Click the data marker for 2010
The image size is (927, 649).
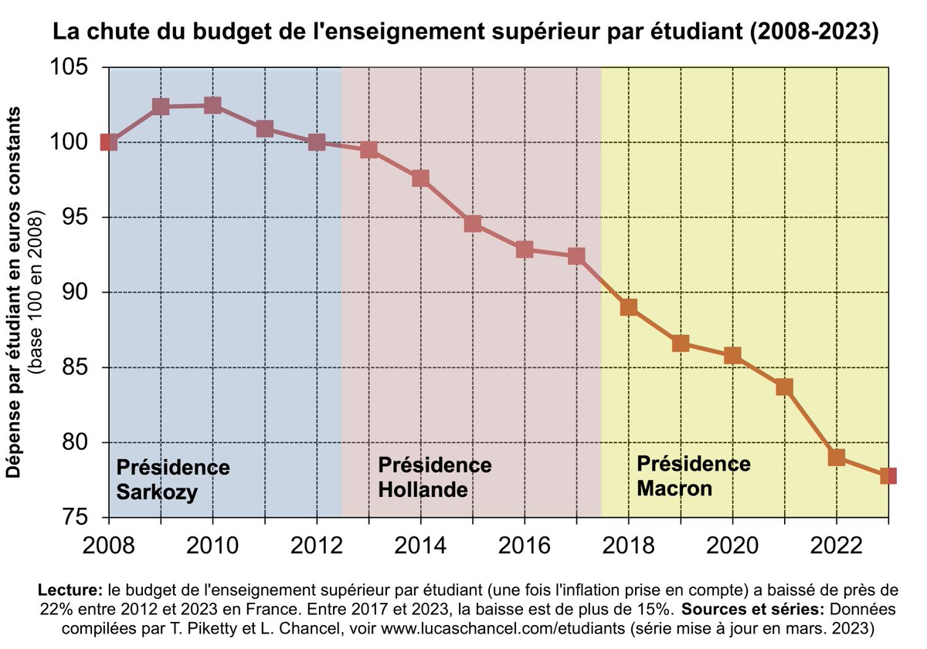coord(212,106)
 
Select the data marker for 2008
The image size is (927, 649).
coord(109,142)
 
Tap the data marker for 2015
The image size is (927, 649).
coord(473,225)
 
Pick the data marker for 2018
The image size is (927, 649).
coord(629,307)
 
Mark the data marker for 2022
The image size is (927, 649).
coord(836,457)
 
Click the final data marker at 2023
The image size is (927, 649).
coord(888,475)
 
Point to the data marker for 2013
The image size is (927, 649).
coord(368,150)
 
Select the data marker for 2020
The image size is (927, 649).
coord(732,355)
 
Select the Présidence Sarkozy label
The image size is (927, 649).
coord(172,479)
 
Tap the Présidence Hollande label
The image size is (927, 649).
coord(434,477)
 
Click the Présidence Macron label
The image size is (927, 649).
coord(693,475)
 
